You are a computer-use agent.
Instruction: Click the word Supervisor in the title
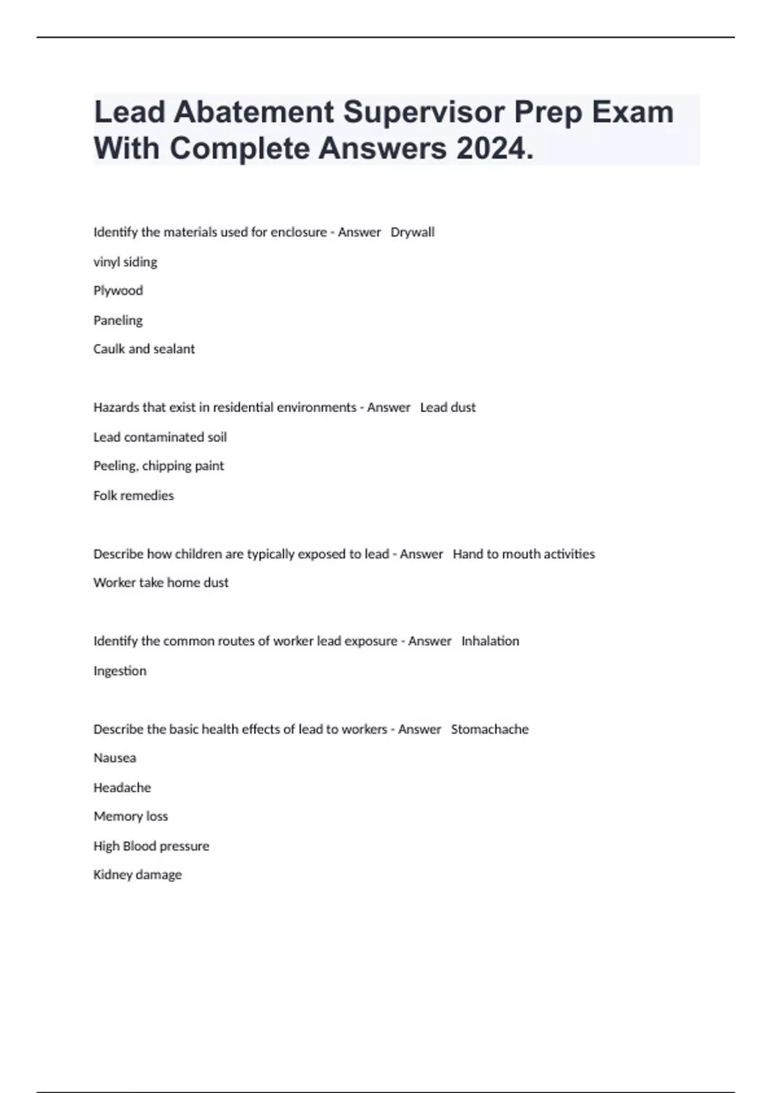pos(423,112)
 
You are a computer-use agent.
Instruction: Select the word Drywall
pos(412,232)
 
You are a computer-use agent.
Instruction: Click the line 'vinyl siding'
pos(125,262)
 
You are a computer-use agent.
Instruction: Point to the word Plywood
pos(118,291)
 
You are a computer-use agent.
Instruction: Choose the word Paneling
pos(118,320)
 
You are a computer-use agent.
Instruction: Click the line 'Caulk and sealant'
pos(144,349)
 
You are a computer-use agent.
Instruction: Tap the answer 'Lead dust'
pos(448,408)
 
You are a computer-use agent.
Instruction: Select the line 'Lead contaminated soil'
pos(160,437)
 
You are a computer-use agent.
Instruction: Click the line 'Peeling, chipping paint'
pos(159,465)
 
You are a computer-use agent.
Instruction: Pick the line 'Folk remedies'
pos(134,495)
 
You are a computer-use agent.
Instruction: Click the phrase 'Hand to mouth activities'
pos(524,554)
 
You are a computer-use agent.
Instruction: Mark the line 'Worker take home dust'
pos(161,583)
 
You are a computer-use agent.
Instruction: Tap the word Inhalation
pos(490,641)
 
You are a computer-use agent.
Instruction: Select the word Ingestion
pos(120,671)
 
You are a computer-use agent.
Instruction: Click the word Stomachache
pos(490,729)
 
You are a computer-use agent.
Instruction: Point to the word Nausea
pos(115,758)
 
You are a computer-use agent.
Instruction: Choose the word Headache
pos(122,788)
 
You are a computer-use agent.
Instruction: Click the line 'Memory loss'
pos(131,817)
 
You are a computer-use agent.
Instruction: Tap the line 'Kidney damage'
pos(138,874)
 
